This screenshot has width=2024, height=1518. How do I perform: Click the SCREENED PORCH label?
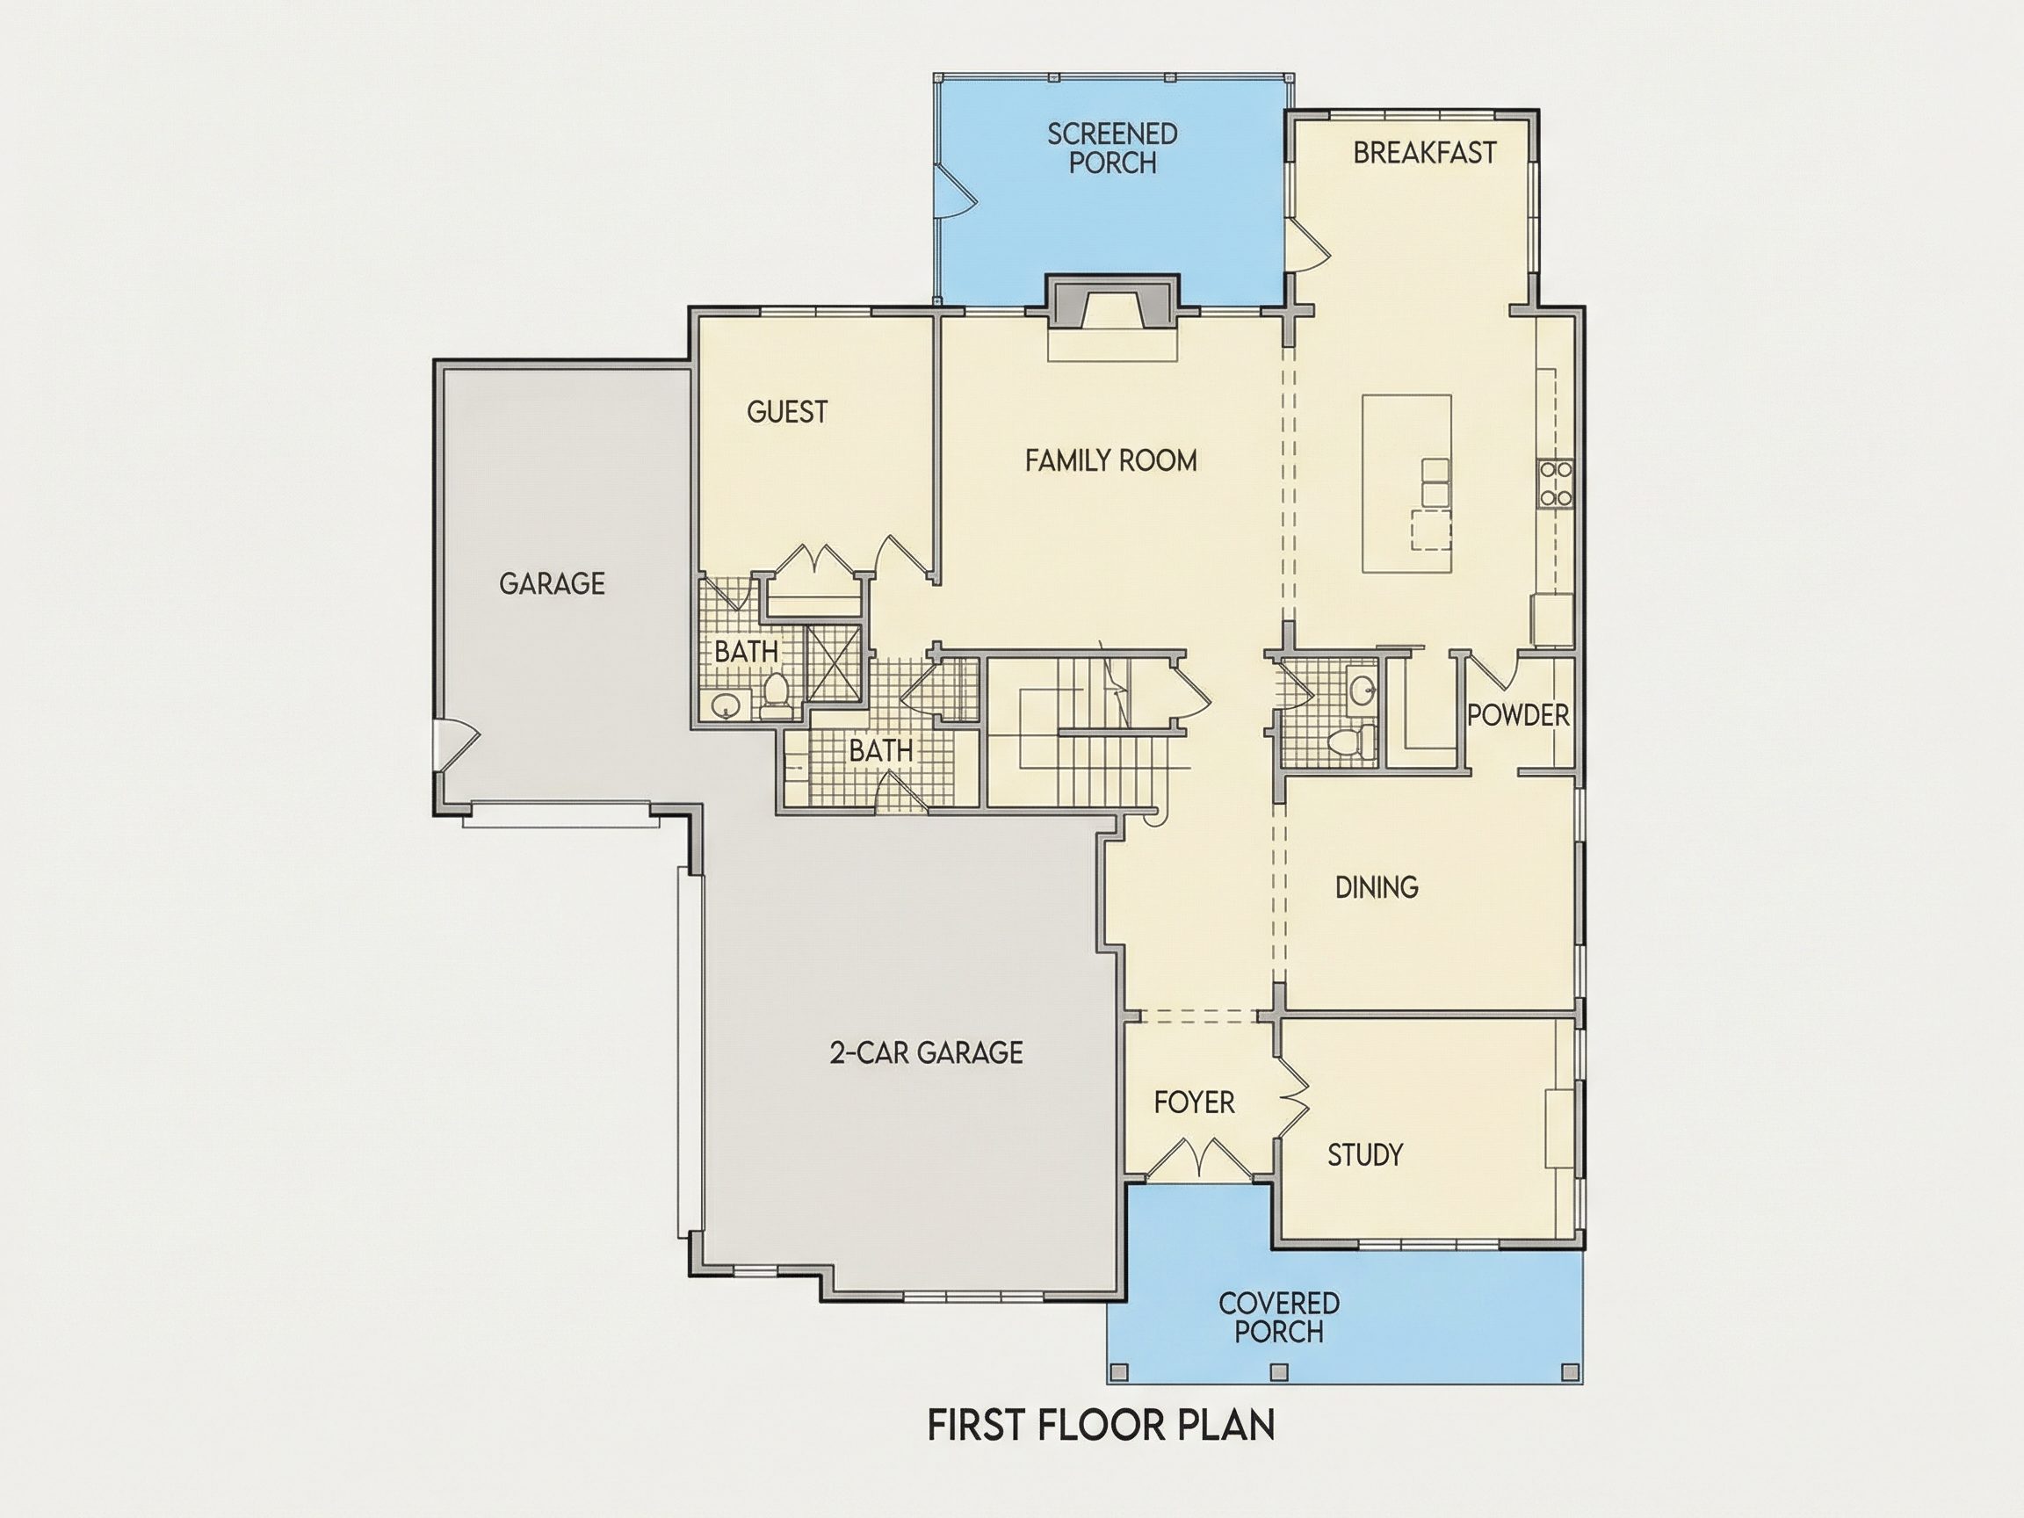pos(1113,148)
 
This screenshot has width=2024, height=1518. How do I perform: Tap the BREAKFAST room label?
pos(1425,153)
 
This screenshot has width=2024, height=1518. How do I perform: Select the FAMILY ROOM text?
pos(1110,460)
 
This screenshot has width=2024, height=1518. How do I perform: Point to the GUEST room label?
pos(787,412)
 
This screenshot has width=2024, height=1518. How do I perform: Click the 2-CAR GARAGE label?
pos(926,1053)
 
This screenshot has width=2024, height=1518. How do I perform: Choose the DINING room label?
pos(1377,886)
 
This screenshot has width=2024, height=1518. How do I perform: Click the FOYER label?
pos(1194,1102)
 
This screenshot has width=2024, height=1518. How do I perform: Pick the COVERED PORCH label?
pos(1279,1318)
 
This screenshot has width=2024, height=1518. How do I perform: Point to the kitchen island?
pos(1406,483)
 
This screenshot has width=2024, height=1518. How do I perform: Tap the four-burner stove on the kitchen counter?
pos(1556,484)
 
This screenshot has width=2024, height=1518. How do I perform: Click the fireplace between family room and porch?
pos(1113,301)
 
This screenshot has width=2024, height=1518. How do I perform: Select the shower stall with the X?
pos(834,663)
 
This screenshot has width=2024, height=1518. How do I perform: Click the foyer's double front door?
pos(1196,1160)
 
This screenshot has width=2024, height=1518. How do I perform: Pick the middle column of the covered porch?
pos(1279,1372)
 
